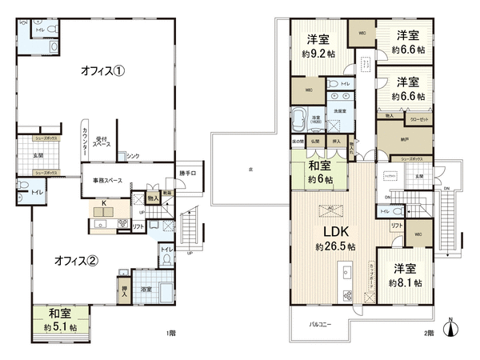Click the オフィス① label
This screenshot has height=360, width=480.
tap(102, 70)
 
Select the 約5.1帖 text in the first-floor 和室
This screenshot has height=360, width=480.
tap(61, 328)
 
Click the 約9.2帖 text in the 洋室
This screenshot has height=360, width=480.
tap(318, 54)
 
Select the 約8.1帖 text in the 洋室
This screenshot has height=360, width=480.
tap(405, 283)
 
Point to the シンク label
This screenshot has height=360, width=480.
tap(134, 156)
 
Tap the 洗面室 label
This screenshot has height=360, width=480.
tap(339, 110)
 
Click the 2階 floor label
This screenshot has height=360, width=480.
tap(430, 332)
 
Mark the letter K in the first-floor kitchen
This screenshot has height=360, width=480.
tap(103, 203)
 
